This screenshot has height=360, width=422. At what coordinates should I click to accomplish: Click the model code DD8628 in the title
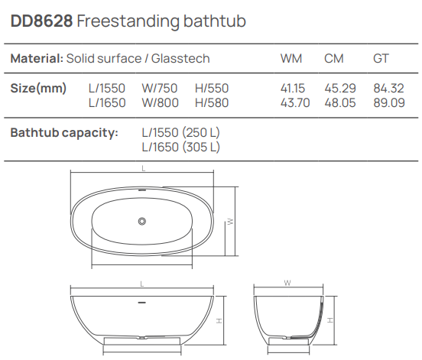coord(41,22)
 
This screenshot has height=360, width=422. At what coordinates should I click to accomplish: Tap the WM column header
coord(291,59)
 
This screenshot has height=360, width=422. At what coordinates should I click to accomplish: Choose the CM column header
coord(333,59)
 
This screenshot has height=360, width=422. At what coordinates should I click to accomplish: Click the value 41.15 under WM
coord(295,89)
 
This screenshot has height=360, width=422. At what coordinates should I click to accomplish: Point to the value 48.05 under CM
coord(339,102)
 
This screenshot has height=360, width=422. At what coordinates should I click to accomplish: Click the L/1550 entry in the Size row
coord(107,89)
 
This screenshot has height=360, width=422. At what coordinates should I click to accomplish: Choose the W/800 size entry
coord(161,102)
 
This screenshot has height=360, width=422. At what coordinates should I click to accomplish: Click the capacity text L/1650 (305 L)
coord(181,147)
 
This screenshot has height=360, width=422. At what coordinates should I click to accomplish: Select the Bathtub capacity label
coord(64,133)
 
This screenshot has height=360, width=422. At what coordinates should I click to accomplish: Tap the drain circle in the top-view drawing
coord(141,221)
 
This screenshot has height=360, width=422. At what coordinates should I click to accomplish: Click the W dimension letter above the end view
coord(286,282)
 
